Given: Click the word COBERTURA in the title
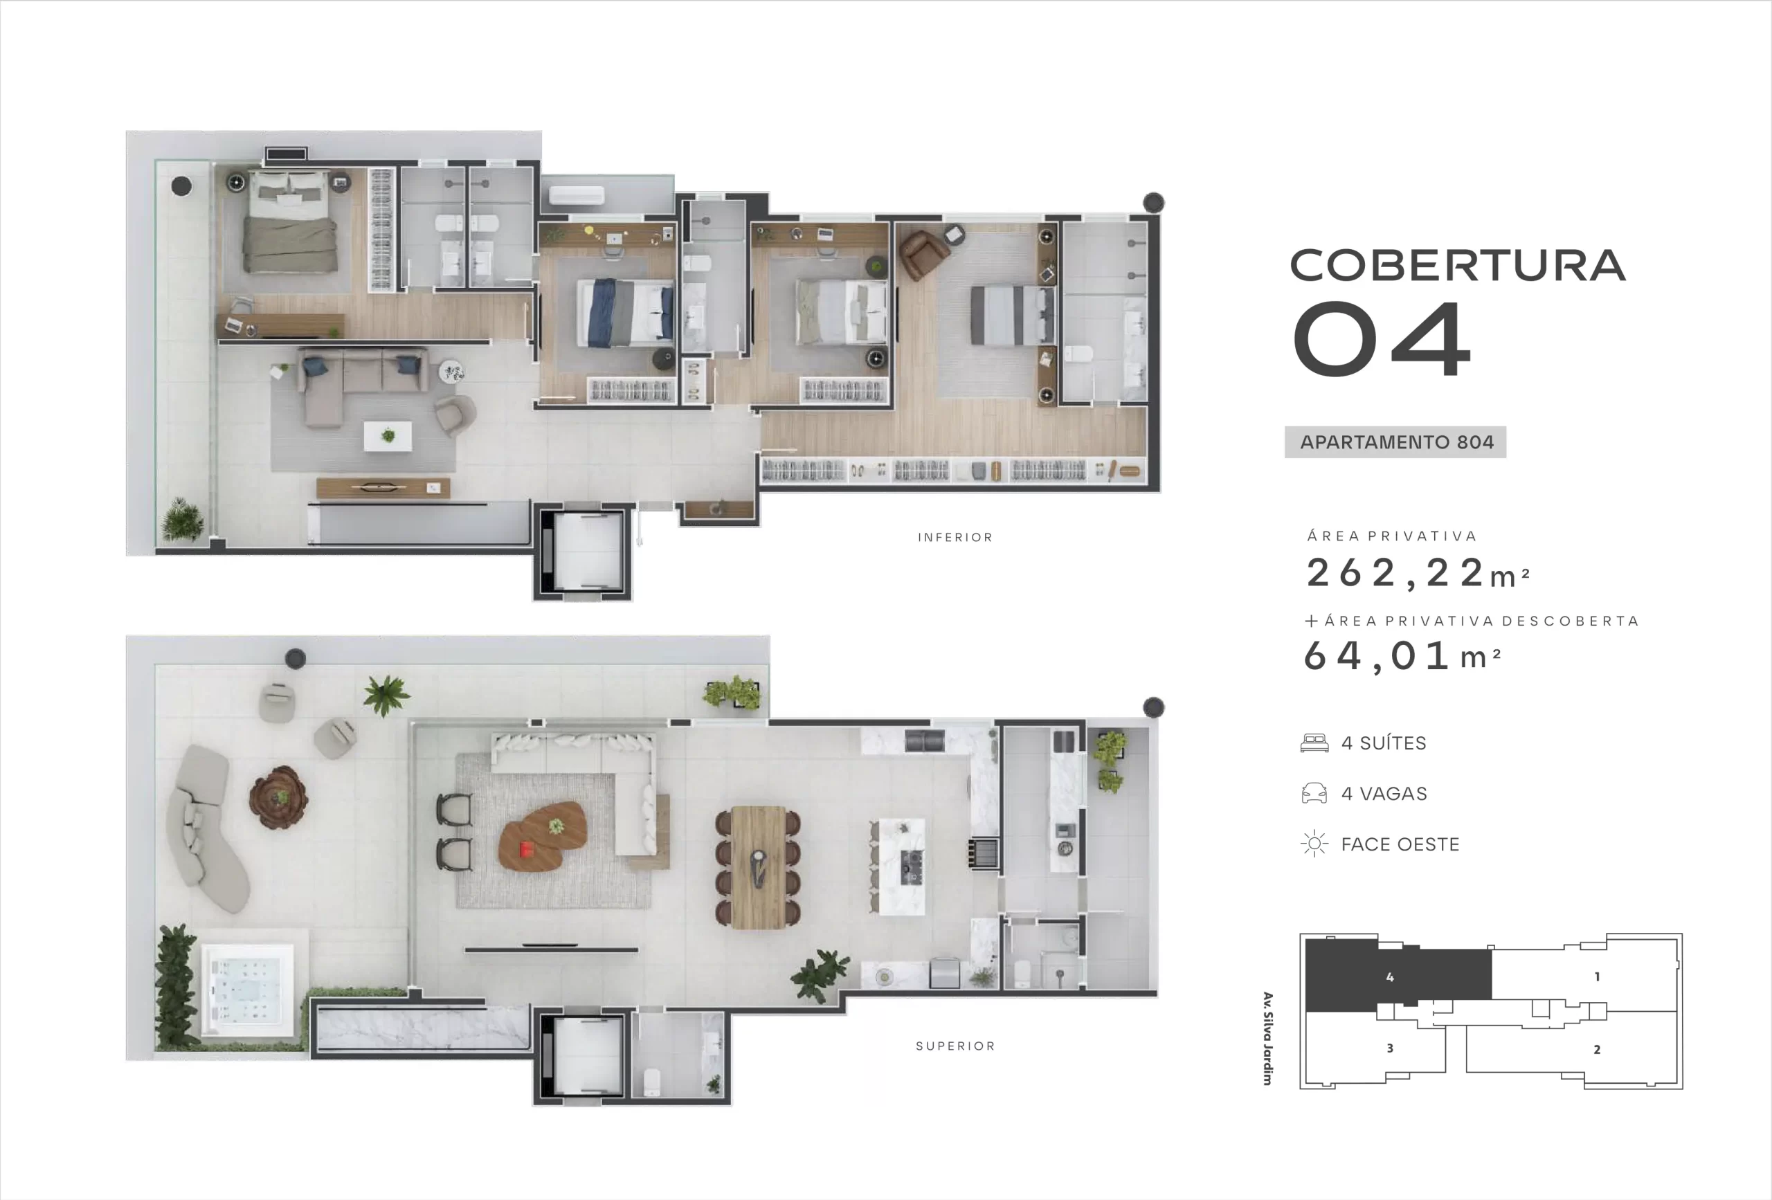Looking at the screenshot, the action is [1457, 265].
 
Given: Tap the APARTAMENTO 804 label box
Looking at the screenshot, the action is [1395, 442].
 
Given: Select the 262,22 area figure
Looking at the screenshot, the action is [1418, 573].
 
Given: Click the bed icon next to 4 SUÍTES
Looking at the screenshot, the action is [1314, 743].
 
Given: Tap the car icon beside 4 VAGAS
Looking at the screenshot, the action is [1314, 794].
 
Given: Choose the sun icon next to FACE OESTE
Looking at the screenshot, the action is [1314, 844].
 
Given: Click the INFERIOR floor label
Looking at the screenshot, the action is [955, 538].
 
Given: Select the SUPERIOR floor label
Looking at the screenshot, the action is [955, 1046].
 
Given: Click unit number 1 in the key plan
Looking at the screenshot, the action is [1598, 976].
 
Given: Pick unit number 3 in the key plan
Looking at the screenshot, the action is [1390, 1048].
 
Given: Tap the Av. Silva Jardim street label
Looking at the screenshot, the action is [1267, 1038].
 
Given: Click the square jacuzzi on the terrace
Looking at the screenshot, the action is [247, 990].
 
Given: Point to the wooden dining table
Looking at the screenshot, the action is [758, 868].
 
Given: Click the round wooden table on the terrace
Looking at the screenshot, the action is [279, 797].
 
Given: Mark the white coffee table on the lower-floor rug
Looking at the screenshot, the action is [388, 436].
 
